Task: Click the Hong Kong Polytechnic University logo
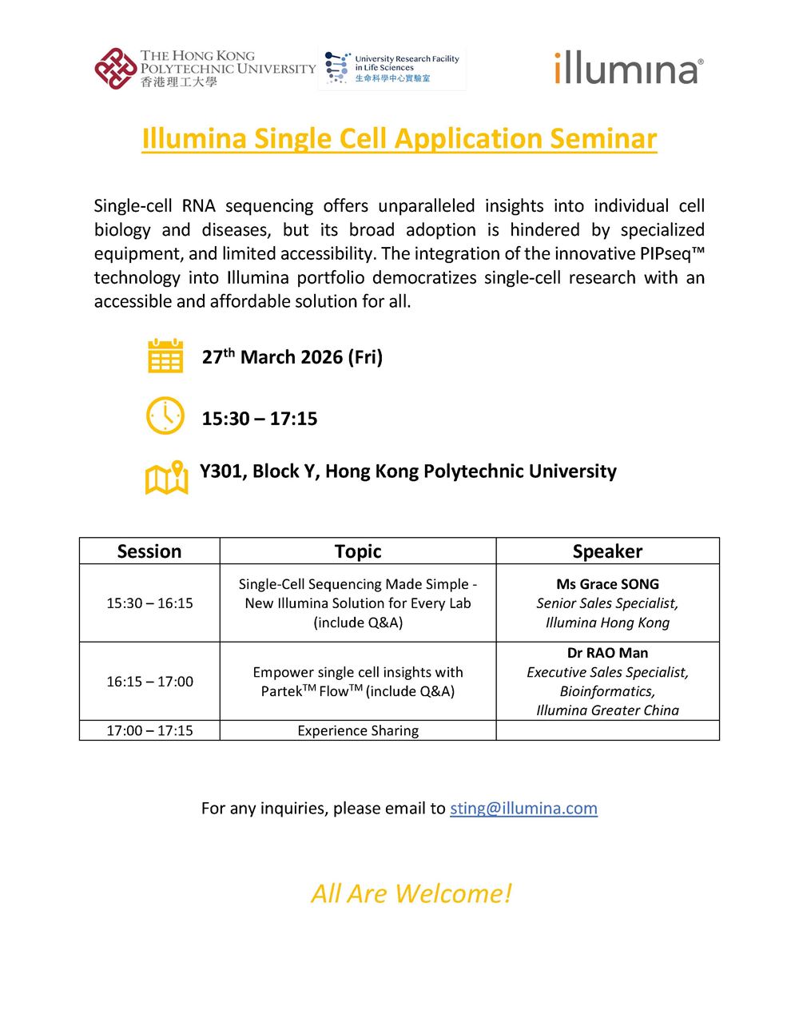[205, 69]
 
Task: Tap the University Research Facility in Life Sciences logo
[392, 69]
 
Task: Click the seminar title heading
[399, 138]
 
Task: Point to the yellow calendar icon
[165, 356]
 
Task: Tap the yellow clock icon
[165, 416]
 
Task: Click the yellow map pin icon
[166, 477]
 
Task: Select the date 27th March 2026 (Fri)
[292, 357]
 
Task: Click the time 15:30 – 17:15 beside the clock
[259, 419]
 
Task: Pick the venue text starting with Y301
[407, 471]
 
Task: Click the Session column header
[149, 551]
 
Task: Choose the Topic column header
[358, 551]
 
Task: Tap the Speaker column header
[607, 551]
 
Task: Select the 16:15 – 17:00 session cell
[149, 682]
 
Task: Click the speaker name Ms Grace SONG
[607, 584]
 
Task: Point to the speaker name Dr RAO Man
[607, 653]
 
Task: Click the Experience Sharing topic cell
[358, 730]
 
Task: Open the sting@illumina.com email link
[523, 808]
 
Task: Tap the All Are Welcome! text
[411, 893]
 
